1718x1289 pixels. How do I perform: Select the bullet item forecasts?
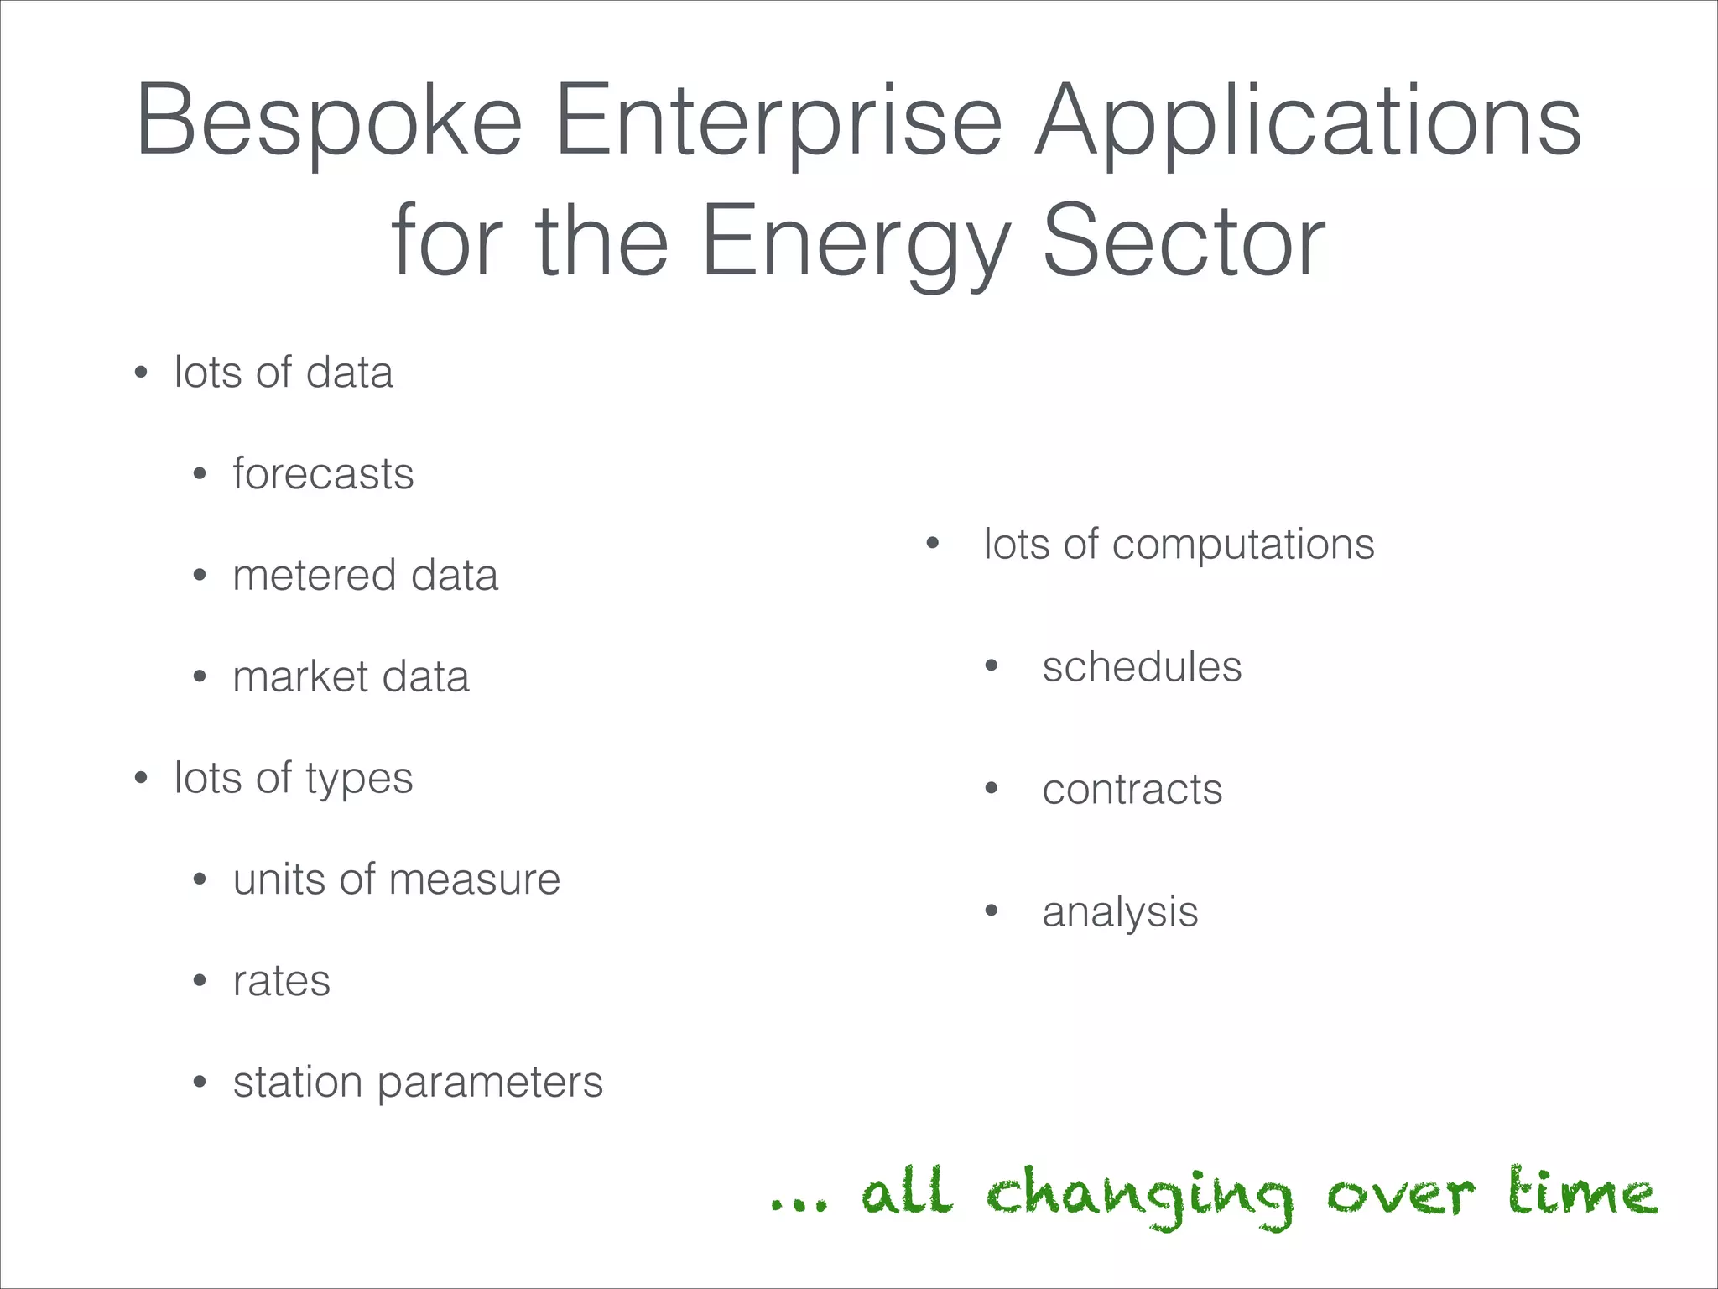point(323,474)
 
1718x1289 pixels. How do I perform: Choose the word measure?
point(474,880)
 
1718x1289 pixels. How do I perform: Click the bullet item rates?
point(282,982)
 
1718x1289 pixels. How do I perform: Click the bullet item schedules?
point(1141,668)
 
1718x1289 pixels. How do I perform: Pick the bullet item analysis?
point(1120,913)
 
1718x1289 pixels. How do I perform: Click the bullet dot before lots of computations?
point(932,544)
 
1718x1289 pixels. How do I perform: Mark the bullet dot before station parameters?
point(200,1083)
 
